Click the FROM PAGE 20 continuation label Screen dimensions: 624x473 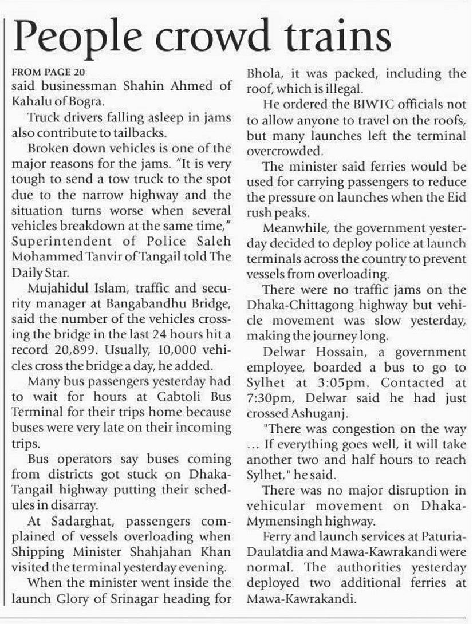(x=49, y=73)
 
